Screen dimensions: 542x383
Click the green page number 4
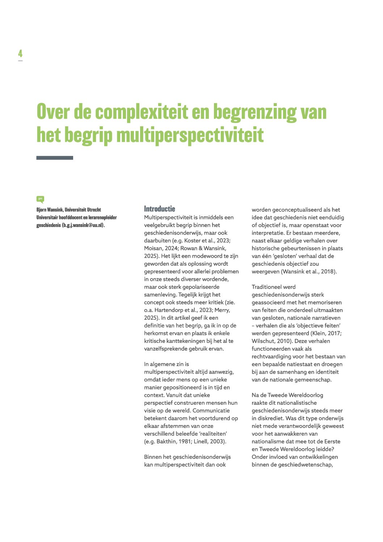(x=20, y=54)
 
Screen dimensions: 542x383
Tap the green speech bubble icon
(x=40, y=199)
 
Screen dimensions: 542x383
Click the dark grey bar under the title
(x=55, y=158)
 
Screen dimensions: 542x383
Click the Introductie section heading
(x=159, y=209)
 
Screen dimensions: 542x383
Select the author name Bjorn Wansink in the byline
(x=49, y=210)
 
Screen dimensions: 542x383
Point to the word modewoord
(x=207, y=256)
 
